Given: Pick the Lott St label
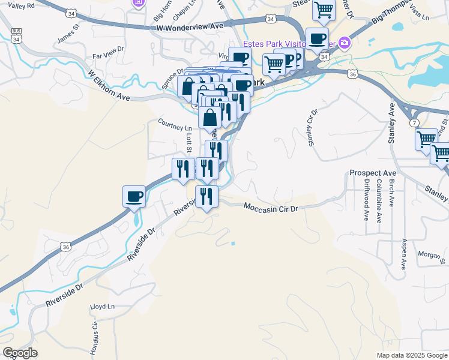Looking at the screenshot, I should tap(188, 144).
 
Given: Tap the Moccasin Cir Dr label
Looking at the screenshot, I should tap(271, 206).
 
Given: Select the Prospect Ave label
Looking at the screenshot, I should tap(369, 173).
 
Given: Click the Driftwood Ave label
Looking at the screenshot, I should tap(366, 200).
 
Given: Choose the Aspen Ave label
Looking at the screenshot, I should tap(404, 251).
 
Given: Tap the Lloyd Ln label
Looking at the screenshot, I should tap(102, 307).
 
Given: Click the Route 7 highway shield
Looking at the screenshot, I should tap(415, 123).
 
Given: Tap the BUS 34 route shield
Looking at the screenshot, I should tap(15, 35).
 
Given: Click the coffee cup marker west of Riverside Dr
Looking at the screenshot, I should tap(134, 196).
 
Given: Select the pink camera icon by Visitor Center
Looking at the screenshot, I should tap(345, 42).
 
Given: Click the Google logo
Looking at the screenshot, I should tap(20, 353).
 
